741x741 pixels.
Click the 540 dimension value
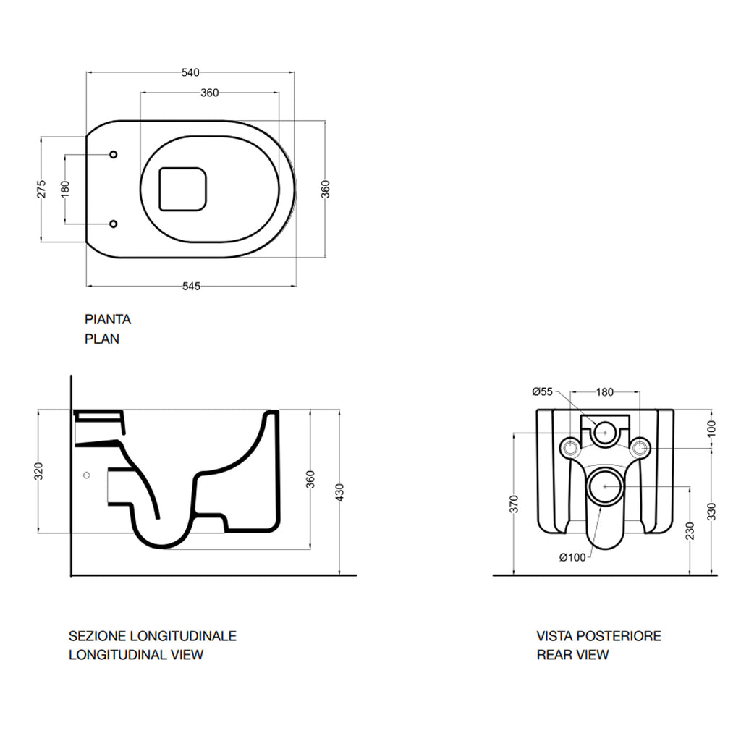tap(190, 72)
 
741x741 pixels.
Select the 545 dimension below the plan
tap(190, 287)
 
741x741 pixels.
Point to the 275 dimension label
tap(42, 188)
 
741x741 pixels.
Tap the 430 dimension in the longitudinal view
tap(339, 491)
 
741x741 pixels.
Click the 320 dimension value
tap(39, 471)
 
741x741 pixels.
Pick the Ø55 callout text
tap(543, 392)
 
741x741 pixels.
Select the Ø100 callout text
tap(572, 557)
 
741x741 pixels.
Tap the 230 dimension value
tap(692, 530)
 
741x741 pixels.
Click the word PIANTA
tap(108, 319)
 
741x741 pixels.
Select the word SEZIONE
tap(97, 637)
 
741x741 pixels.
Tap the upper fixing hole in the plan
tap(114, 155)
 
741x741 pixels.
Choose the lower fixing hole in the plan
tap(114, 224)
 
